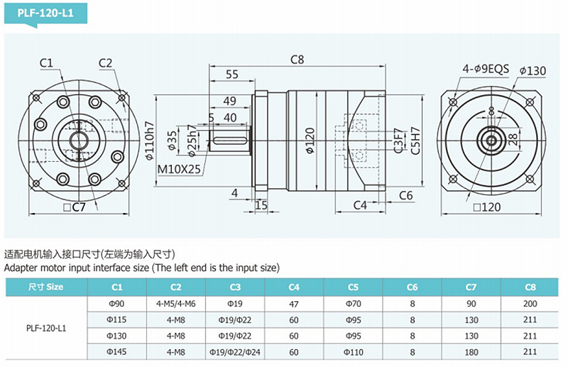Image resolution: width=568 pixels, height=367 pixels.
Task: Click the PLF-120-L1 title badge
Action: point(44,11)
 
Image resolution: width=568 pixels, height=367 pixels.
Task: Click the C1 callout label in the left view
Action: point(48,63)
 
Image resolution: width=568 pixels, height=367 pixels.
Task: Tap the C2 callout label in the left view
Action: point(106,63)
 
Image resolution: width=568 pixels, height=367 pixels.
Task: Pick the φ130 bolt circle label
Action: point(532,70)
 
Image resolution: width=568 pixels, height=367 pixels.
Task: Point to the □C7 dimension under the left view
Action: point(74,207)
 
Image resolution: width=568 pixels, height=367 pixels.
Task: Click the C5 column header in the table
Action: point(353,287)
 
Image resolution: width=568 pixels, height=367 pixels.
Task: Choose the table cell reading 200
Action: point(530,304)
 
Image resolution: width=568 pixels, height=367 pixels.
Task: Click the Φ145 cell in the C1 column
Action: point(117,351)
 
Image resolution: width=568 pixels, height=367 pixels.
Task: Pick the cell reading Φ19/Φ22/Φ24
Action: point(235,351)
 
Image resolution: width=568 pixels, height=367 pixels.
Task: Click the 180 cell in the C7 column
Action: point(471,351)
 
